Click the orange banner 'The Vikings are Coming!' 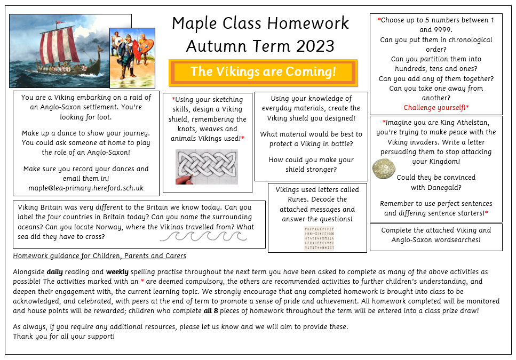(263, 72)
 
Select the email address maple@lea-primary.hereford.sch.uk (86, 188)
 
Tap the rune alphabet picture (319, 238)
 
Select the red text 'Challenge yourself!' (436, 108)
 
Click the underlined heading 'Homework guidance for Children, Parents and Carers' (100, 256)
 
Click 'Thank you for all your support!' (64, 337)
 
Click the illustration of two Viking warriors (132, 50)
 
